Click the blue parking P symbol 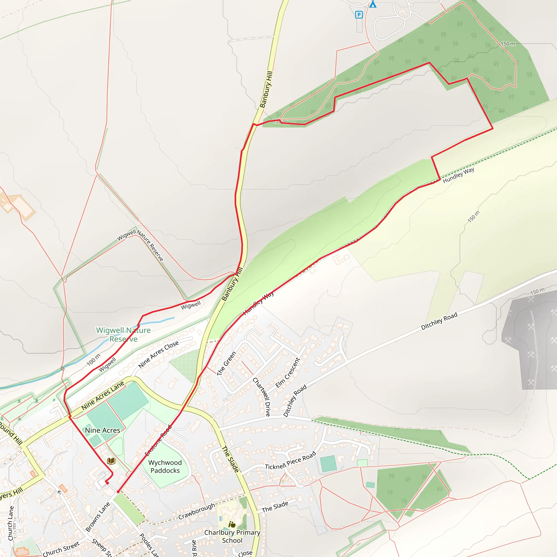tap(359, 15)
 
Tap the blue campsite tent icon tap(373, 4)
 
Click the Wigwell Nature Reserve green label tap(123, 335)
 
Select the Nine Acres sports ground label tap(102, 430)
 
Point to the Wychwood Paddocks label tap(165, 466)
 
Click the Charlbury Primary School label tap(232, 536)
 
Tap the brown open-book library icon tap(111, 461)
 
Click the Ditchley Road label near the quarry tap(439, 321)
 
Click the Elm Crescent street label tap(287, 373)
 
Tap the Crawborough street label tap(197, 511)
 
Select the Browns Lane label tap(98, 517)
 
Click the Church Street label tap(61, 549)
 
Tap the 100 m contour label tap(94, 360)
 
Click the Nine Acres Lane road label tap(103, 395)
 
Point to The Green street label tap(226, 363)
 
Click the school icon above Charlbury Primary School tap(232, 524)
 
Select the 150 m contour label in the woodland tap(508, 44)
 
